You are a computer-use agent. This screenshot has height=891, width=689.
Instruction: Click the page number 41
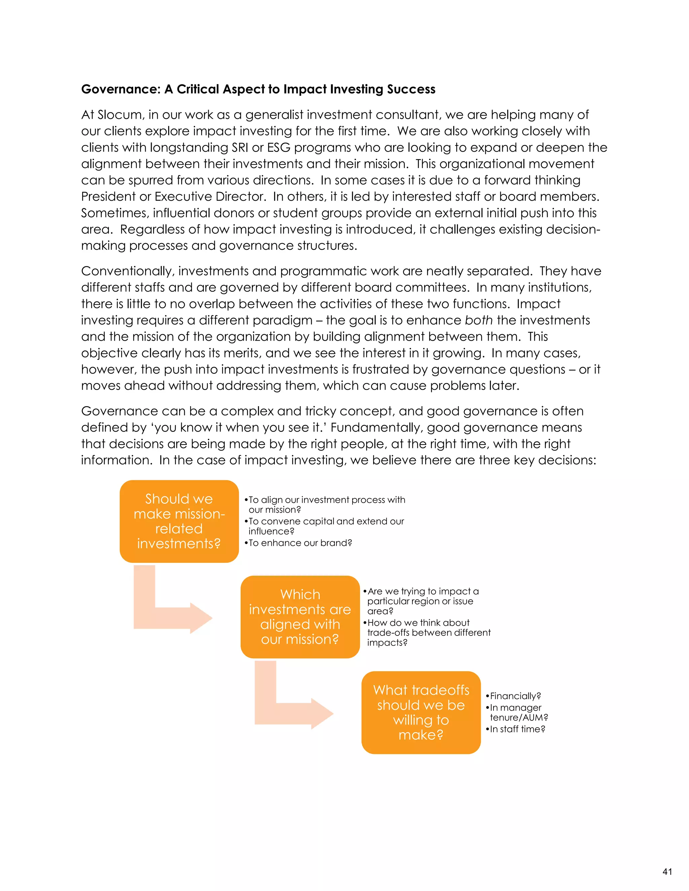[x=667, y=871]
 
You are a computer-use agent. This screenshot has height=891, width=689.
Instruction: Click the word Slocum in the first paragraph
[x=120, y=115]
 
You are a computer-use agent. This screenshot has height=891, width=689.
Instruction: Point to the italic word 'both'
[x=478, y=320]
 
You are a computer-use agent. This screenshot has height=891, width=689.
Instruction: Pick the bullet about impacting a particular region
[x=422, y=601]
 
